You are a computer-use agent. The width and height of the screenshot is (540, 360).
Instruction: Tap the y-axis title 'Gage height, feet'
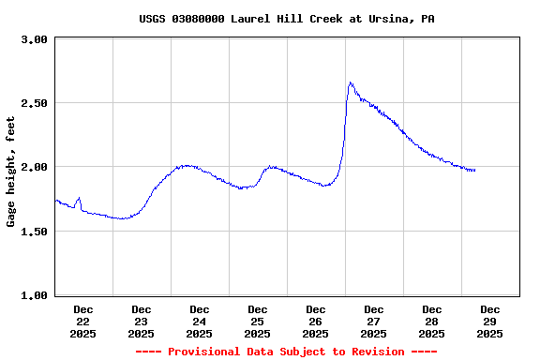tap(11, 172)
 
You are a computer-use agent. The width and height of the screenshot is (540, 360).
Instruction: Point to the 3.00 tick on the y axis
tap(34, 39)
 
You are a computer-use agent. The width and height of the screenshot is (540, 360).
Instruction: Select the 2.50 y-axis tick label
tap(34, 103)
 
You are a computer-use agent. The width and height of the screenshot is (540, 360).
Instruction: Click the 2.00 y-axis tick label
tap(34, 167)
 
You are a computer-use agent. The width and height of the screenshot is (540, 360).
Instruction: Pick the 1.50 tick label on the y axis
tap(34, 231)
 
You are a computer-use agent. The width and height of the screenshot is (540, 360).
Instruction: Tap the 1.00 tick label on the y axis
tap(34, 295)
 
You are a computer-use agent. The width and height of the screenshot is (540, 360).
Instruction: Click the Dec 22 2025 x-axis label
tap(83, 321)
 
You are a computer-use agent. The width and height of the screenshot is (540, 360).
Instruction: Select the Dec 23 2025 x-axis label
tap(142, 321)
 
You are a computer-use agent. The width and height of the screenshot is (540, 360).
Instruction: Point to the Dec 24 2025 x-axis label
tap(200, 321)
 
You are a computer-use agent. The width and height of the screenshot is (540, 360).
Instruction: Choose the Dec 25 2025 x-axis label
tap(258, 321)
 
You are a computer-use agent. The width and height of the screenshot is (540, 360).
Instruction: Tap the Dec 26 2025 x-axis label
tap(316, 321)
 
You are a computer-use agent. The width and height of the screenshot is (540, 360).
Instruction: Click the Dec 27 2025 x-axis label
tap(374, 321)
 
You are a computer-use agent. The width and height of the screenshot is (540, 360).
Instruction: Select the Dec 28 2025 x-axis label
tap(432, 321)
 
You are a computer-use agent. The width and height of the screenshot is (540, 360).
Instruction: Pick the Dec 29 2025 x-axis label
tap(490, 321)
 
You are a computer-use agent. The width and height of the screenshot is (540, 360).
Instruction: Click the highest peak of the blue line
tap(350, 82)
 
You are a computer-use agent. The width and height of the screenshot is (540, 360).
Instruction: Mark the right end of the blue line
tap(475, 170)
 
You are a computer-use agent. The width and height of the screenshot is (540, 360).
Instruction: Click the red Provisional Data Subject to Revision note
tap(286, 352)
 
